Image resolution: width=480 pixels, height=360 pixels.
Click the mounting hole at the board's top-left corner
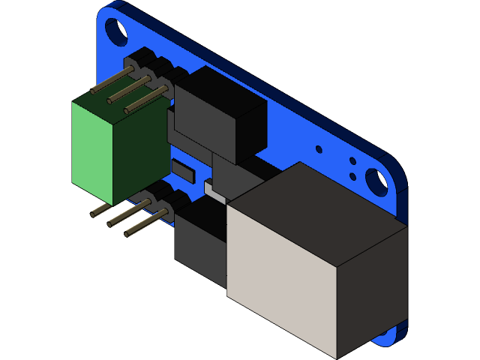point(117,30)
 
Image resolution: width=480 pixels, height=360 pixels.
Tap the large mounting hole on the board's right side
point(376,181)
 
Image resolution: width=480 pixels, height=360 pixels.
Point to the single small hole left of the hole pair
point(319,148)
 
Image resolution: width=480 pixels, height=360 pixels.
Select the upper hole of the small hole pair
point(352,160)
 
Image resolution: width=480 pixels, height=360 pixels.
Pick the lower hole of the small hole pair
point(352,177)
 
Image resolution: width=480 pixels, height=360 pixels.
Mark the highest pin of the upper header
point(112,81)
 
